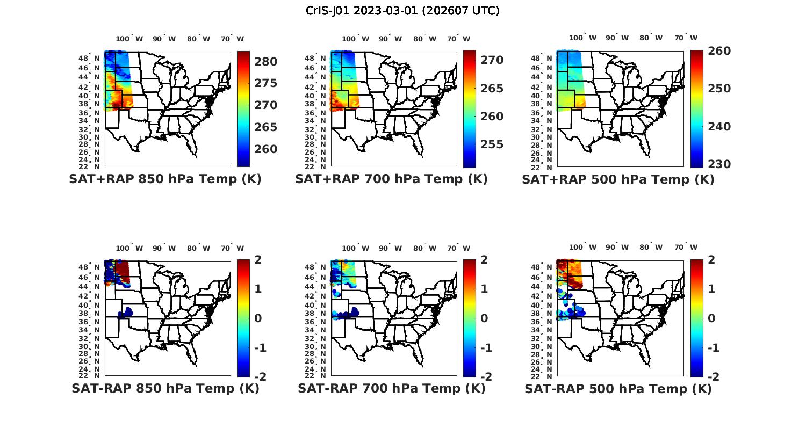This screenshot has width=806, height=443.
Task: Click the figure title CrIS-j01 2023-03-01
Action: pyautogui.click(x=402, y=11)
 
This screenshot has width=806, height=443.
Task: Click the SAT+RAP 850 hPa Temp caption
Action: pyautogui.click(x=165, y=179)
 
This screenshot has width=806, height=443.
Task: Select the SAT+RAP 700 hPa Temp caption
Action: pyautogui.click(x=391, y=179)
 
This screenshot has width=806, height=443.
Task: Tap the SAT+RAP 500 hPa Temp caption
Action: pyautogui.click(x=618, y=180)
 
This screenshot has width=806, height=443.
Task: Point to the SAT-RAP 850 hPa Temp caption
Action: pyautogui.click(x=165, y=388)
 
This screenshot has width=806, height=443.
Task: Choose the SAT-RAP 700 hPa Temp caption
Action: pyautogui.click(x=391, y=388)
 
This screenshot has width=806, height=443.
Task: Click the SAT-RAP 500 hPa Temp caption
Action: pyautogui.click(x=618, y=389)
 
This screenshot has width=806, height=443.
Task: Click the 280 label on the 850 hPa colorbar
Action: pyautogui.click(x=266, y=62)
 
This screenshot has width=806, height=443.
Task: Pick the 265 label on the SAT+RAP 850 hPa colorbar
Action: pyautogui.click(x=266, y=127)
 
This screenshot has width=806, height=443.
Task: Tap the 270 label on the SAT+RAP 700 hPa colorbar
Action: pyautogui.click(x=492, y=60)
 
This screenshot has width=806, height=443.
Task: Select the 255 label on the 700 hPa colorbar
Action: pyautogui.click(x=492, y=144)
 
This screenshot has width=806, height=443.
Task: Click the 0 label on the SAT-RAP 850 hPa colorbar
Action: pyautogui.click(x=258, y=318)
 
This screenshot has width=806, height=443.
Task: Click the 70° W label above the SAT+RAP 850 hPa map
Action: pyautogui.click(x=232, y=39)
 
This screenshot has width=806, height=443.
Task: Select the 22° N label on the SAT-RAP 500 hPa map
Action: pyautogui.click(x=548, y=375)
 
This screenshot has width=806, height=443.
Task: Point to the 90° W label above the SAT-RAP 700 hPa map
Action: pyautogui.click(x=390, y=248)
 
